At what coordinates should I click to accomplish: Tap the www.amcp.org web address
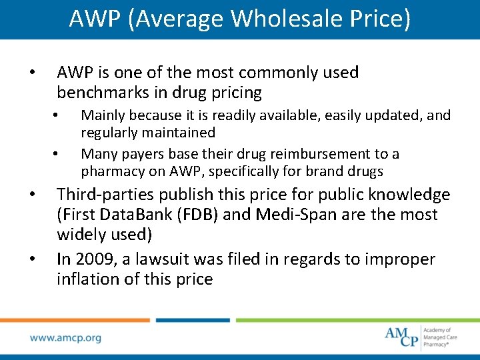point(65,338)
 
